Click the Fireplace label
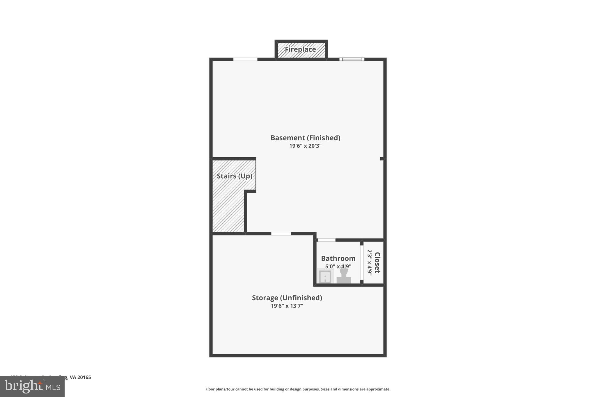click(300, 49)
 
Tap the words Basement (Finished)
click(305, 138)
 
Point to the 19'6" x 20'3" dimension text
click(305, 146)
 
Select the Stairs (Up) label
click(234, 176)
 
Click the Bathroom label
click(338, 259)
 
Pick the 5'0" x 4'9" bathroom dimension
click(338, 266)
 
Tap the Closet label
click(377, 263)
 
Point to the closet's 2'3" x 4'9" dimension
click(370, 263)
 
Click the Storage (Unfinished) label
click(287, 298)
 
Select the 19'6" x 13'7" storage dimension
click(287, 306)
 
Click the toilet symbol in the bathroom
click(344, 276)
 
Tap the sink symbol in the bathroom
click(325, 276)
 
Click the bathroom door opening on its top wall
click(326, 240)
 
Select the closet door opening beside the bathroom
click(362, 263)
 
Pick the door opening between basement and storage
click(281, 234)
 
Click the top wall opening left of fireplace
click(245, 59)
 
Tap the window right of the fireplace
click(352, 59)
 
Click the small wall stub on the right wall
click(382, 159)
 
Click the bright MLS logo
click(32, 387)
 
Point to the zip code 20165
click(84, 378)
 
